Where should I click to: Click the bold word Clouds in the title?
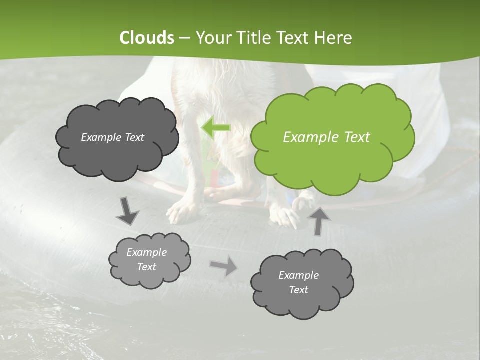point(147,38)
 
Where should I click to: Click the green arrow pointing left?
point(215,128)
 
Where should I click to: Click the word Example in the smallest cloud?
point(146,252)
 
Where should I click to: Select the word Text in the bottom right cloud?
point(298,290)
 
